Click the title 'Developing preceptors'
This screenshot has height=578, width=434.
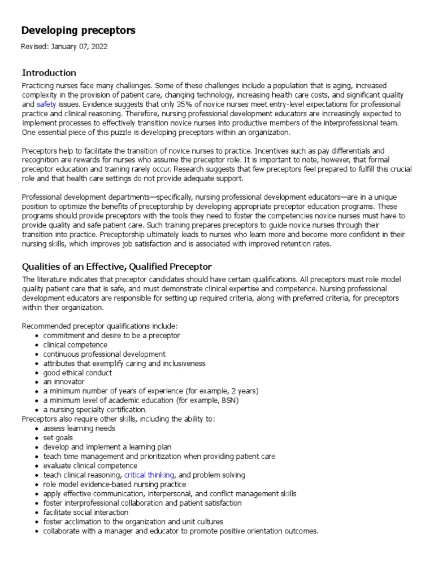coord(79,30)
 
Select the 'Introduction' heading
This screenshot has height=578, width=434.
coord(49,73)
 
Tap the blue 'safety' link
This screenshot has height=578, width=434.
coord(46,105)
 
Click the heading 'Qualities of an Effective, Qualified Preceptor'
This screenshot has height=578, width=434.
coord(116,266)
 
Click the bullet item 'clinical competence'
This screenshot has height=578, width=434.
coord(75,345)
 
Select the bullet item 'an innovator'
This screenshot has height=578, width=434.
coord(64,382)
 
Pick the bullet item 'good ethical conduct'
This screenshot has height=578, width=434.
coord(77,373)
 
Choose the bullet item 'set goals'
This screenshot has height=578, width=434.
coord(58,437)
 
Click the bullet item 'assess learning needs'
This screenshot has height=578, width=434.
coord(79,428)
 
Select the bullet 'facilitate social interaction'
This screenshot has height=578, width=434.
coord(86,513)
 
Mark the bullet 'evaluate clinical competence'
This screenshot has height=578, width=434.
coord(90,466)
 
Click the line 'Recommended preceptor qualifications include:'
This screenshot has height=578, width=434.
coord(99,326)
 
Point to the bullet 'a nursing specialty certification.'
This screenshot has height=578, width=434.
coord(95,409)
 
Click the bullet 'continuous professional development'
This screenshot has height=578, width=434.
coord(105,354)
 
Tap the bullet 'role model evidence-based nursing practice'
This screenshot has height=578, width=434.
coord(114,484)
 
